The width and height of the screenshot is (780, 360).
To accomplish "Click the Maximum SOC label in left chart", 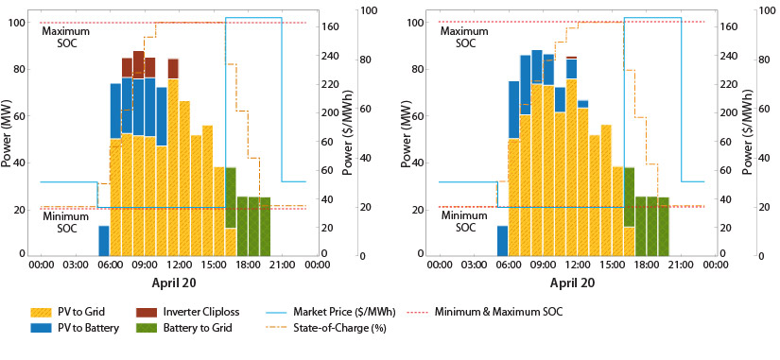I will coord(66,38).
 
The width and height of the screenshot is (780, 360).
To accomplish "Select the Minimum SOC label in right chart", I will coord(465,222).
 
